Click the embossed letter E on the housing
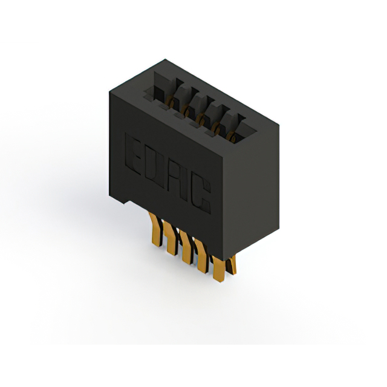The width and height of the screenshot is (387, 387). point(133,154)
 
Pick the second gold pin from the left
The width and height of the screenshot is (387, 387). point(171,238)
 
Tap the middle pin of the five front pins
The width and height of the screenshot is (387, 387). point(187,247)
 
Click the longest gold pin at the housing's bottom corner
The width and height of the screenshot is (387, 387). point(219,269)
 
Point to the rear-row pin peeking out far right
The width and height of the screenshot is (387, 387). point(232,265)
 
